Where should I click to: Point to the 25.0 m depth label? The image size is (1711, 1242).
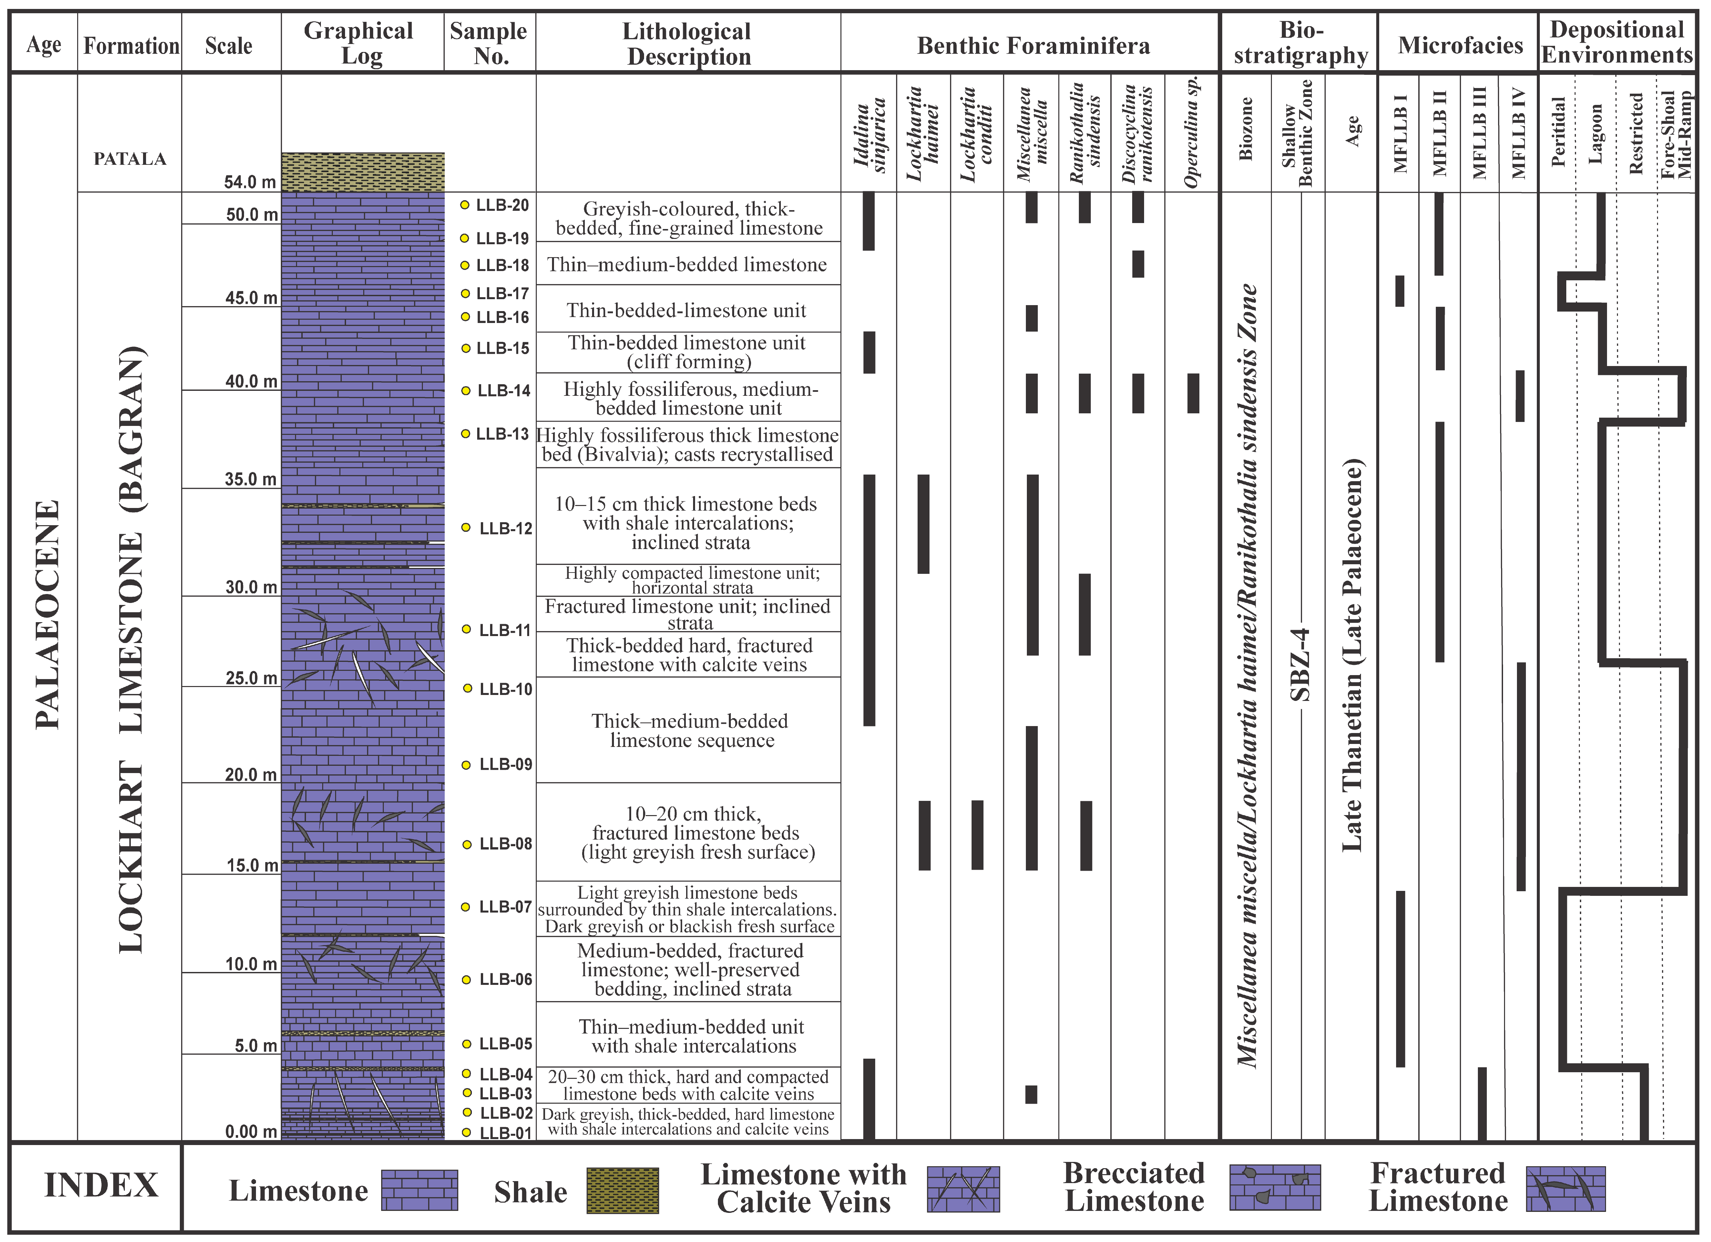251,678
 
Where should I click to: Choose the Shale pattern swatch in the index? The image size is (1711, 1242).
623,1191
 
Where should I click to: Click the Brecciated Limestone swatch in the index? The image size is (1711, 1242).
1275,1188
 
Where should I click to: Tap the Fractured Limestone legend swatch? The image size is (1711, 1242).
1565,1189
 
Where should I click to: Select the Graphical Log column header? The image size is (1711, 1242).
359,43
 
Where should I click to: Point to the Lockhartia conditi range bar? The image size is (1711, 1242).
977,835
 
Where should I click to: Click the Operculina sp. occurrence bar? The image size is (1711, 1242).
1193,393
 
